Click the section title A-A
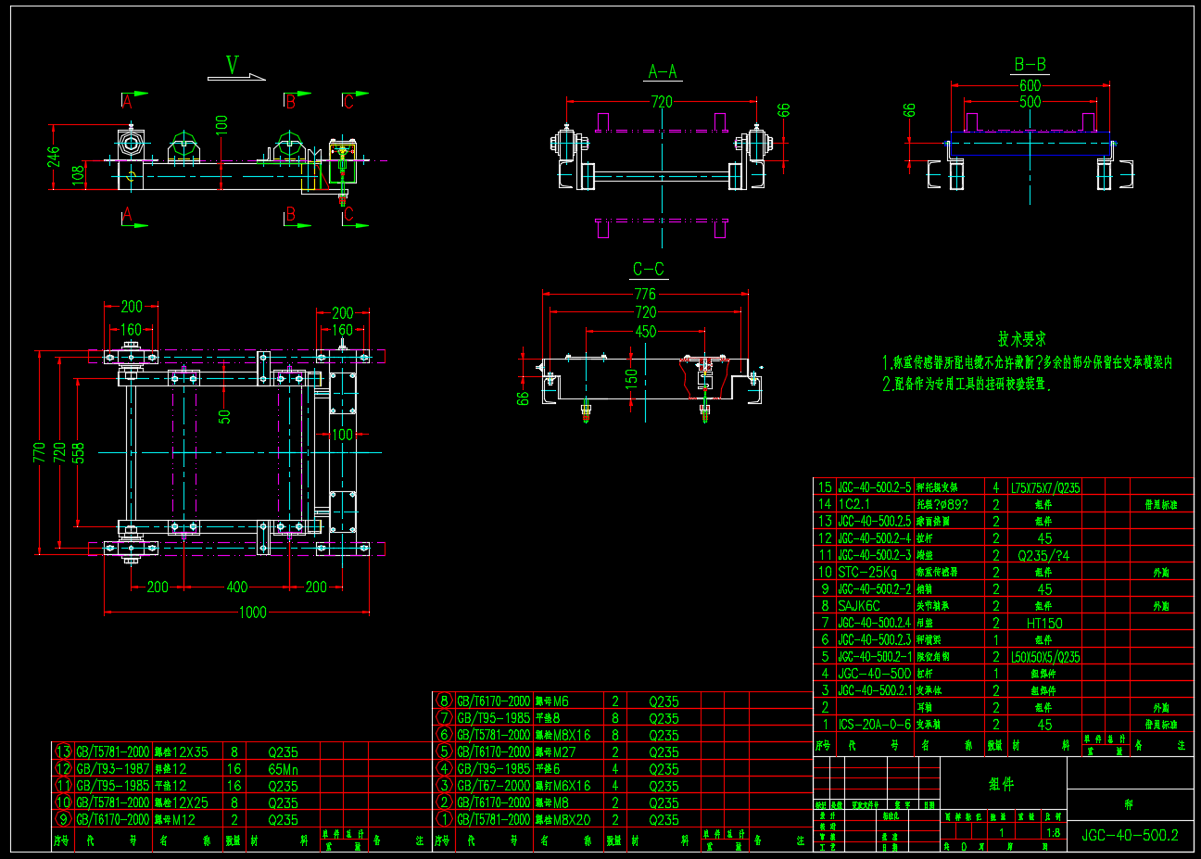click(x=662, y=71)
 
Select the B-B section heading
click(x=1030, y=64)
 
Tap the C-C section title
click(x=648, y=269)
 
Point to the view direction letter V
click(x=233, y=65)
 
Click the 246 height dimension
click(x=54, y=157)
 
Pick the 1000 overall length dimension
click(x=252, y=612)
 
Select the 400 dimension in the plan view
click(x=237, y=587)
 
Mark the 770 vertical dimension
click(x=40, y=452)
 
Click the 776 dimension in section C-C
click(x=645, y=294)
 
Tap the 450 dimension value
click(x=645, y=331)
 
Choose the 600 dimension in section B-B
click(x=1030, y=85)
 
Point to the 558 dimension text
click(x=79, y=452)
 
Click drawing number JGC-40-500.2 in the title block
click(x=1130, y=835)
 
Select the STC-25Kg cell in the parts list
click(x=867, y=573)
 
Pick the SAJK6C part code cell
click(x=859, y=606)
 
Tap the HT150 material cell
click(x=1044, y=624)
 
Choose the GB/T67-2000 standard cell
click(x=493, y=786)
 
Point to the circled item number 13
click(x=63, y=752)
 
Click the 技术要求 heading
click(x=1022, y=339)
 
